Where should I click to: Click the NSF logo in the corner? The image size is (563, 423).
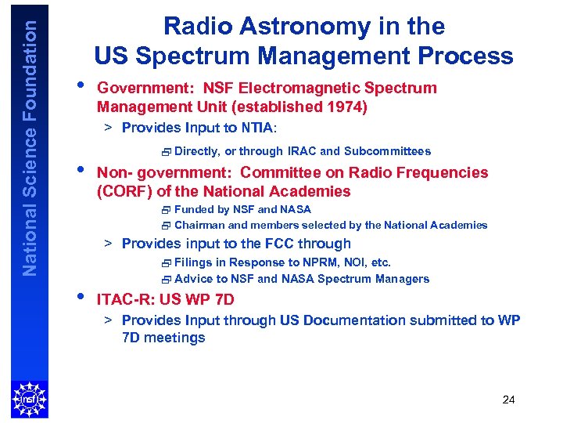click(x=29, y=399)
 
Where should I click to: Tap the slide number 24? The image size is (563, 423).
click(x=508, y=400)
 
